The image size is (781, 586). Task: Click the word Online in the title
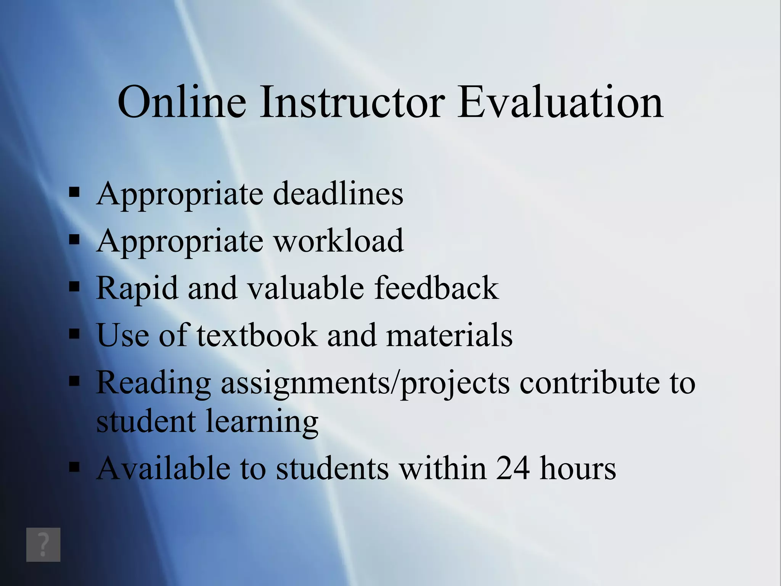point(182,102)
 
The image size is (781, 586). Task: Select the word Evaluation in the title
point(561,102)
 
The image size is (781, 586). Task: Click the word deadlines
point(338,194)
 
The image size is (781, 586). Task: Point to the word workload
point(339,241)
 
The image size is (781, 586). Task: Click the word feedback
point(436,288)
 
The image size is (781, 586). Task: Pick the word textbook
point(257,335)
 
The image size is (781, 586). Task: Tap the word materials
point(449,335)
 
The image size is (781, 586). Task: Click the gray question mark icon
point(43,544)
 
